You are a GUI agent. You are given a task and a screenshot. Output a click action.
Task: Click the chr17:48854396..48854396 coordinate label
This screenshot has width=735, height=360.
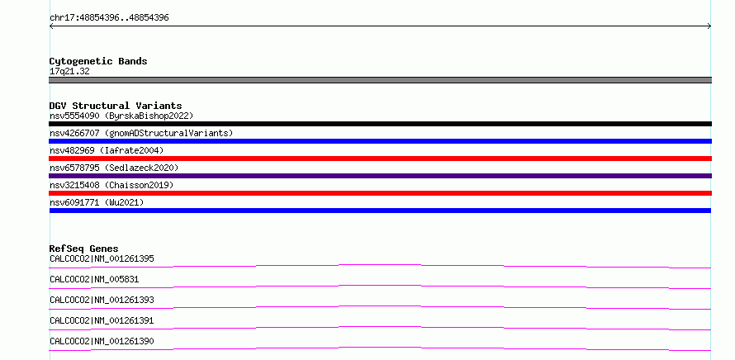click(x=109, y=18)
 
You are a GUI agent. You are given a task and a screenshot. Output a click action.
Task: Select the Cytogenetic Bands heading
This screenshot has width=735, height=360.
click(x=98, y=61)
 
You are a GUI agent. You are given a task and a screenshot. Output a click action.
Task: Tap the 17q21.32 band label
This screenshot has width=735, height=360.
click(x=69, y=72)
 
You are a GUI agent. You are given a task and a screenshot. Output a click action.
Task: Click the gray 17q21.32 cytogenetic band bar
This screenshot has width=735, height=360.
click(x=380, y=80)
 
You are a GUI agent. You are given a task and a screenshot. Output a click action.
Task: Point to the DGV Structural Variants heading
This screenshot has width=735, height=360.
click(x=116, y=106)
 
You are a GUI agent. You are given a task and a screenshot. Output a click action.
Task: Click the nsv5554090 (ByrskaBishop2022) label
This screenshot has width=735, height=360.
click(x=121, y=116)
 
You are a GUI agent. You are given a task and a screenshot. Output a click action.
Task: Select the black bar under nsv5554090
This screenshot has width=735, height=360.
click(x=380, y=124)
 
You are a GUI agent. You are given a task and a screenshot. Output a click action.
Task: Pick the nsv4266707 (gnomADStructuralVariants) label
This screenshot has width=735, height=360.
click(x=141, y=133)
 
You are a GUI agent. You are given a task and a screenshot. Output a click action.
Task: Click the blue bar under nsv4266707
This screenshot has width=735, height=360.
click(x=380, y=141)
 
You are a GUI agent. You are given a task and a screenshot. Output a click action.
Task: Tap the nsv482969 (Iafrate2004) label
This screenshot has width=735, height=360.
click(x=107, y=150)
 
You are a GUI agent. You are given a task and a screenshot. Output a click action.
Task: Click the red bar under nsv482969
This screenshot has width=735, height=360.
click(x=380, y=159)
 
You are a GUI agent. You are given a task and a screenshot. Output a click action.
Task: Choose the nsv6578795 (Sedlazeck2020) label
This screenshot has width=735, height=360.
click(x=114, y=168)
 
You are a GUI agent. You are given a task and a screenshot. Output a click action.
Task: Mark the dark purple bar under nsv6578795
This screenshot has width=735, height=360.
click(x=380, y=176)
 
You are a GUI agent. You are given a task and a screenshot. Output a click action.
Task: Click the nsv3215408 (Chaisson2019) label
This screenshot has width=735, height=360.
click(x=111, y=185)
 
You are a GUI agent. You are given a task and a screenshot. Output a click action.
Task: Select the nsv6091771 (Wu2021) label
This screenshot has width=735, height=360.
click(x=97, y=202)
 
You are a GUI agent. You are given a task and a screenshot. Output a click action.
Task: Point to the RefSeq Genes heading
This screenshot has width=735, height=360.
click(x=84, y=249)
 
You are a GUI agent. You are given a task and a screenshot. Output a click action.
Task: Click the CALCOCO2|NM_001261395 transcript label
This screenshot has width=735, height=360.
click(x=102, y=258)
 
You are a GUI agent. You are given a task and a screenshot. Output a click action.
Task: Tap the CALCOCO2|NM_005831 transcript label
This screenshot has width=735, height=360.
click(x=94, y=279)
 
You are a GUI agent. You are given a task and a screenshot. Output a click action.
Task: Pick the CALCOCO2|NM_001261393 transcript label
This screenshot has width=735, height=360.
click(x=102, y=300)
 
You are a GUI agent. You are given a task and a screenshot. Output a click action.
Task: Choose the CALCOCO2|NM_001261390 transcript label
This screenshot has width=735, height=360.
click(x=102, y=341)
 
